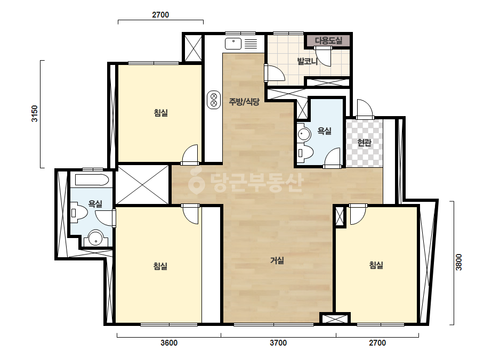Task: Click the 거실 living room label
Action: (277, 260)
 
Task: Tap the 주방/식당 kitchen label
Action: (244, 102)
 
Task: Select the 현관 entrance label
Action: (364, 143)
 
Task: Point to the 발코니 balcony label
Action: (308, 61)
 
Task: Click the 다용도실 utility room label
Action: (328, 40)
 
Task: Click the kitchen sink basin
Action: (233, 44)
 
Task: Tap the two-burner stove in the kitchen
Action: (214, 100)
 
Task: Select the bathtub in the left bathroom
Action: (92, 180)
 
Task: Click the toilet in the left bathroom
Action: (79, 213)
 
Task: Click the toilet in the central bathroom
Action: (305, 153)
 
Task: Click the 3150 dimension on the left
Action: (34, 113)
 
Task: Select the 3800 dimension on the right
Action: (459, 262)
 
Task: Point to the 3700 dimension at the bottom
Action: (278, 343)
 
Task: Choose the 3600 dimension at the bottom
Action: (169, 343)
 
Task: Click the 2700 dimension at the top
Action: (160, 15)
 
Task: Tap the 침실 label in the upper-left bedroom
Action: (160, 112)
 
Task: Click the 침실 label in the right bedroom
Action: (376, 265)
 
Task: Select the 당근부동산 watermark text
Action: (246, 183)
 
